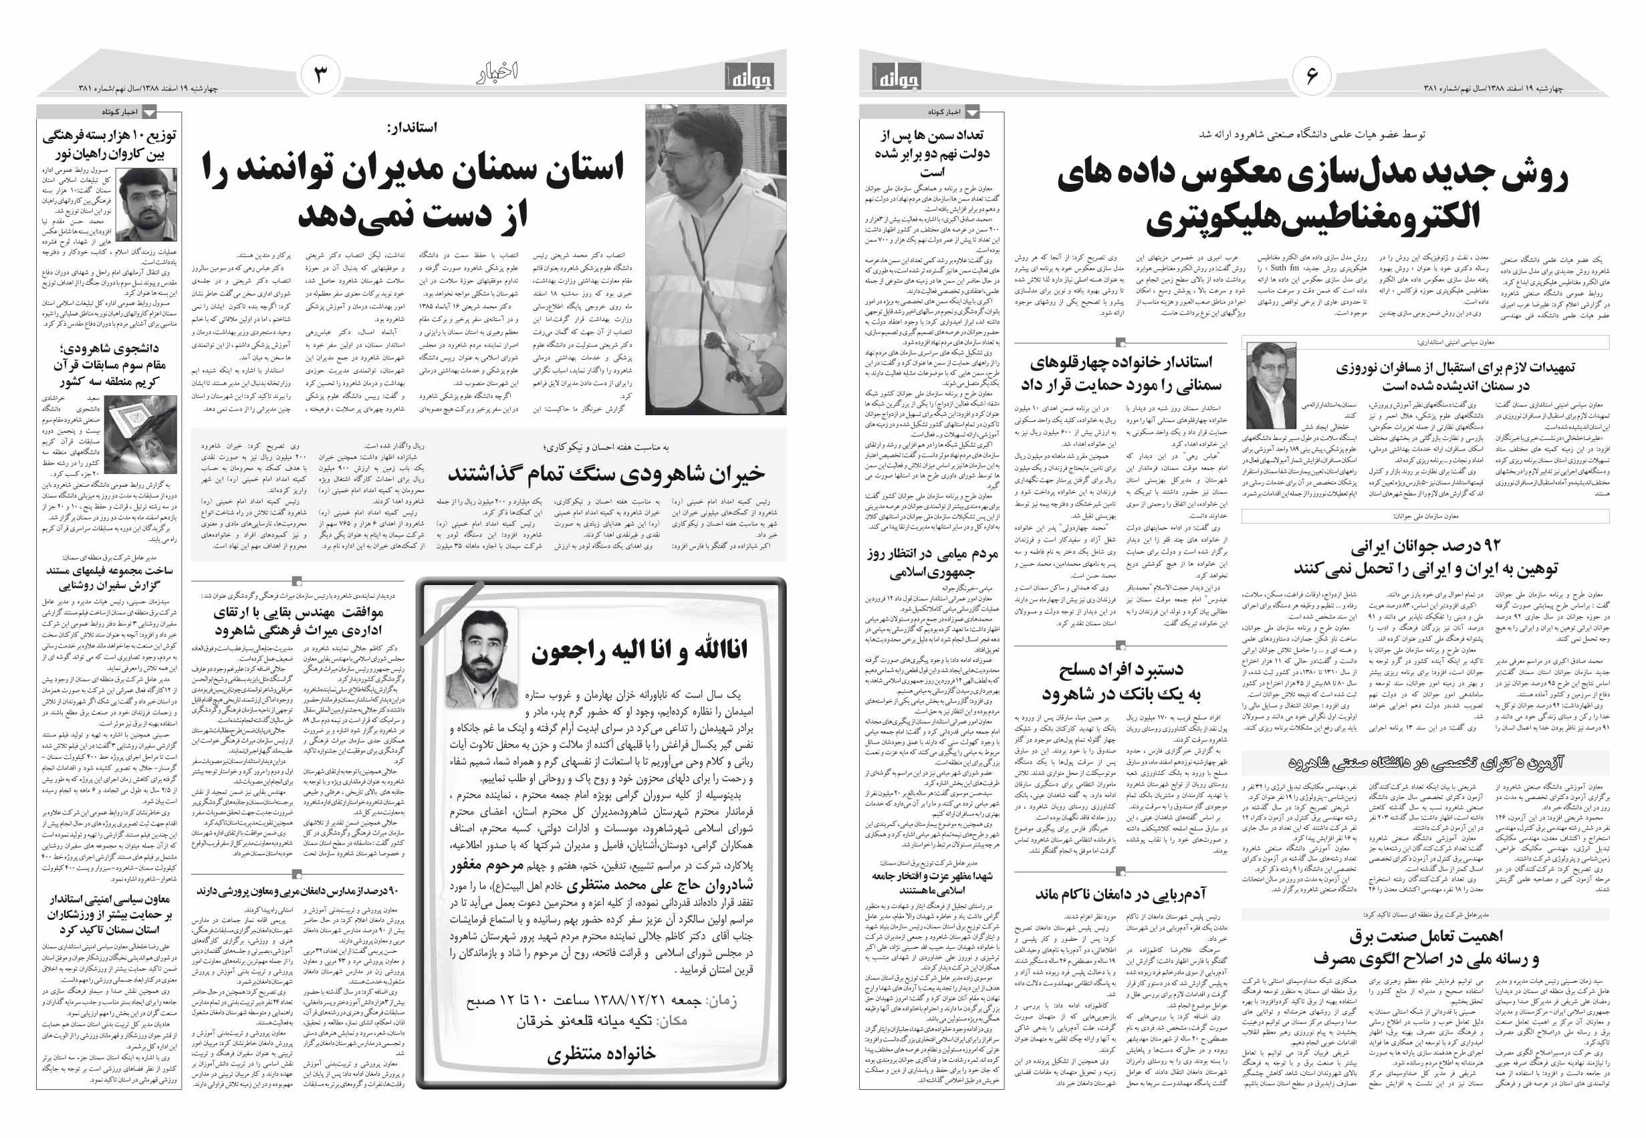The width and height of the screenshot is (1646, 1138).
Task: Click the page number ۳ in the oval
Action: point(320,75)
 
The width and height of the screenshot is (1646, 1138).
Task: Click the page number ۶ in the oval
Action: point(1312,75)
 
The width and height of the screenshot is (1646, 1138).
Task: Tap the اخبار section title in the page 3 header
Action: point(497,74)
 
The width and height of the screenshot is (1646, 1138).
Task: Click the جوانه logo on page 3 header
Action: point(748,76)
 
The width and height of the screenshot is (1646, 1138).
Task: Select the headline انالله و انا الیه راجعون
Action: point(638,650)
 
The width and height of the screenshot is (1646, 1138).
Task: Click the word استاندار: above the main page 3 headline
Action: point(411,128)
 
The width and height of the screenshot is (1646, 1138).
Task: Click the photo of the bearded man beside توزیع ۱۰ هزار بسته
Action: point(148,206)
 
